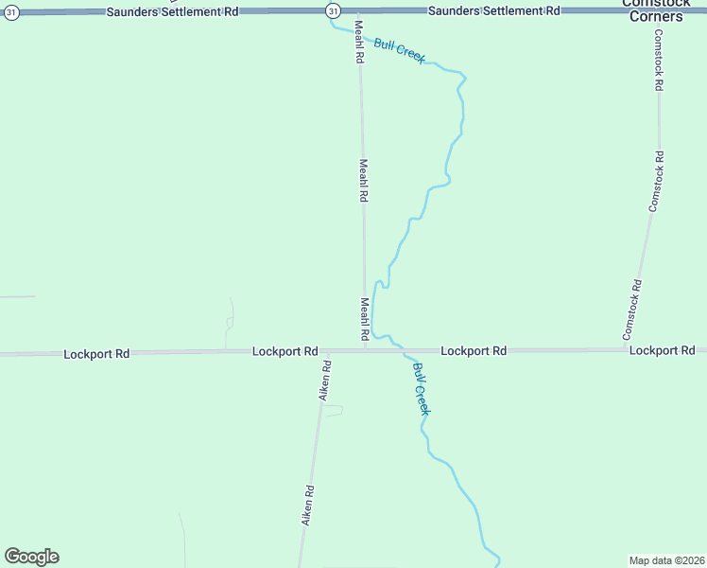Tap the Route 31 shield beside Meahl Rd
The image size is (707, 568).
tap(333, 10)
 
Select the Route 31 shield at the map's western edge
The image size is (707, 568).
tap(9, 12)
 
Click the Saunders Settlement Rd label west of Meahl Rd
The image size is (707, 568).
tap(172, 11)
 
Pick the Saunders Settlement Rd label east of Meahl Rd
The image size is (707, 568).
tap(493, 10)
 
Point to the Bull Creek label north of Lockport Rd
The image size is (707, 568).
tap(399, 50)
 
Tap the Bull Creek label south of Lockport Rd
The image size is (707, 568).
tap(421, 388)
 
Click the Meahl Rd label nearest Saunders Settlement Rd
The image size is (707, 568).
tap(359, 41)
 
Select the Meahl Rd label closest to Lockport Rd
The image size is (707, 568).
tap(364, 320)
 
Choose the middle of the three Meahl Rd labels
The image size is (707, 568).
tap(362, 180)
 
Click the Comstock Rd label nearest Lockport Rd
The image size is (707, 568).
tap(632, 310)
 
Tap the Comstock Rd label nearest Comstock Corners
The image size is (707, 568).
tap(659, 60)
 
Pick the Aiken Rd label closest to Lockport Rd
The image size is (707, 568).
tap(324, 380)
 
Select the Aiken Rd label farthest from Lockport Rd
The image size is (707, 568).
tap(307, 506)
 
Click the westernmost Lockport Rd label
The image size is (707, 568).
tap(96, 354)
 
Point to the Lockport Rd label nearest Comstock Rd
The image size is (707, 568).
tap(662, 350)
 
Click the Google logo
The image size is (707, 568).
tap(31, 557)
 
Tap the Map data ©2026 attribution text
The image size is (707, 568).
tap(666, 559)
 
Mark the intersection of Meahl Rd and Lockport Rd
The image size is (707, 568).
tap(366, 350)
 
